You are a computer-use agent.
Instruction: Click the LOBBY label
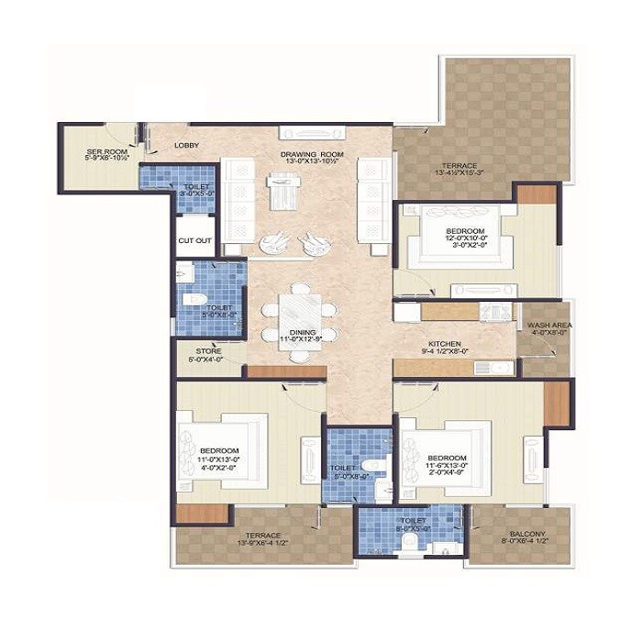coord(187,145)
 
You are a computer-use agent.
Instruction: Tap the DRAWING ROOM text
coord(312,154)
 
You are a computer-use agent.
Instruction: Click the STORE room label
coord(208,350)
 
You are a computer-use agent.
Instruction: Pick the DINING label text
coord(303,332)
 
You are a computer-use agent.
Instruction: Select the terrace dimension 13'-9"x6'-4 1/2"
coord(262,544)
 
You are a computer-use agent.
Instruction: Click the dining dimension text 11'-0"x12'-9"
coord(303,340)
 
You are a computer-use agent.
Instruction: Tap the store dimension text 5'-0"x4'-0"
coord(208,359)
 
